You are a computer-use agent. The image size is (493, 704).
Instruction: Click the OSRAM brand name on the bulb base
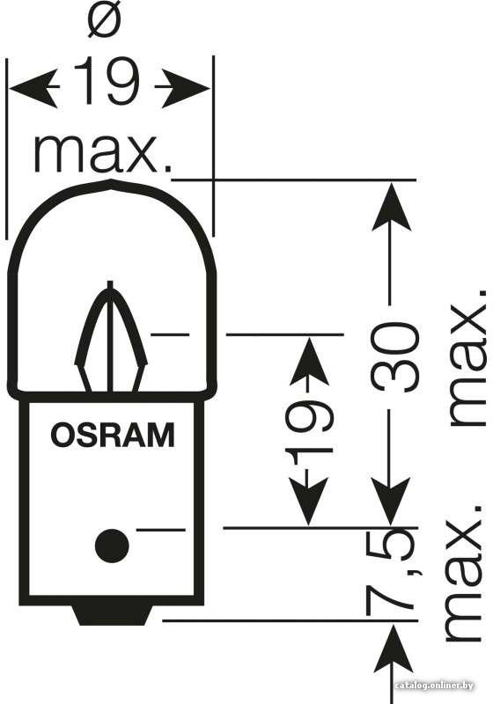113,435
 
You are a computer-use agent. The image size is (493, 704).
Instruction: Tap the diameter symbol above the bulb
105,24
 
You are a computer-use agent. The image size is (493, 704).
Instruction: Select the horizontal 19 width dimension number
107,82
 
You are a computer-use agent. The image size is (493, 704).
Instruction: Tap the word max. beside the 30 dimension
467,357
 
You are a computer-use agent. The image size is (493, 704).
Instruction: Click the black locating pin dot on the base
112,546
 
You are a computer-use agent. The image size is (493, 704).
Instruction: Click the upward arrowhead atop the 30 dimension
391,207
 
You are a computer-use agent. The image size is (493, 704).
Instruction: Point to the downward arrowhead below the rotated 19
308,501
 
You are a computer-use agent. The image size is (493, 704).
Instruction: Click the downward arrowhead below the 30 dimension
391,501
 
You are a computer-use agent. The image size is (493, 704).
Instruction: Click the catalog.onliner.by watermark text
435,686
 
